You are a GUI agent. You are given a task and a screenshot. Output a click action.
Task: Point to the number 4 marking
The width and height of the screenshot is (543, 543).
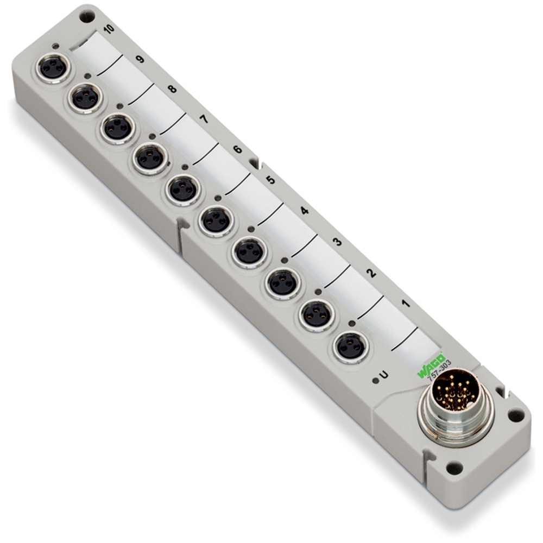click(x=305, y=210)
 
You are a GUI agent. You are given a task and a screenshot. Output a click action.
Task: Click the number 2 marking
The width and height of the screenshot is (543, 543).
click(x=371, y=273)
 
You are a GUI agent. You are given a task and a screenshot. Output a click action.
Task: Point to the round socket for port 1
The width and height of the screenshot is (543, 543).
click(x=351, y=346)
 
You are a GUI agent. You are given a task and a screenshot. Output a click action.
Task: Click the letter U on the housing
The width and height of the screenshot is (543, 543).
click(x=383, y=374)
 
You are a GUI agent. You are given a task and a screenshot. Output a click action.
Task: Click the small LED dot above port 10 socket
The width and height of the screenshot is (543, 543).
click(x=56, y=46)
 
